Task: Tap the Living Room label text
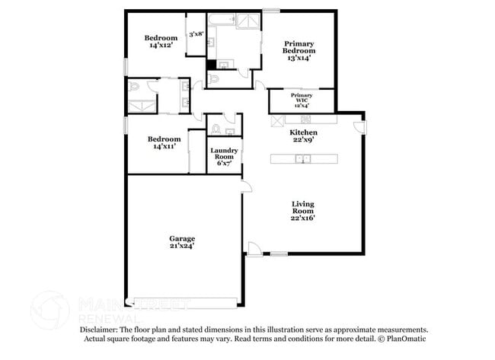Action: click(303, 209)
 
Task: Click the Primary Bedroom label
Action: click(299, 49)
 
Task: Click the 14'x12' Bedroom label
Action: click(161, 42)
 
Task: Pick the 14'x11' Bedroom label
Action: click(164, 143)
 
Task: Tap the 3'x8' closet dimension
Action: click(196, 34)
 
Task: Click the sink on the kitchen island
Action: click(302, 159)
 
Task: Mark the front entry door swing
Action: click(254, 247)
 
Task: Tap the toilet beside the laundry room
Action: click(216, 127)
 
